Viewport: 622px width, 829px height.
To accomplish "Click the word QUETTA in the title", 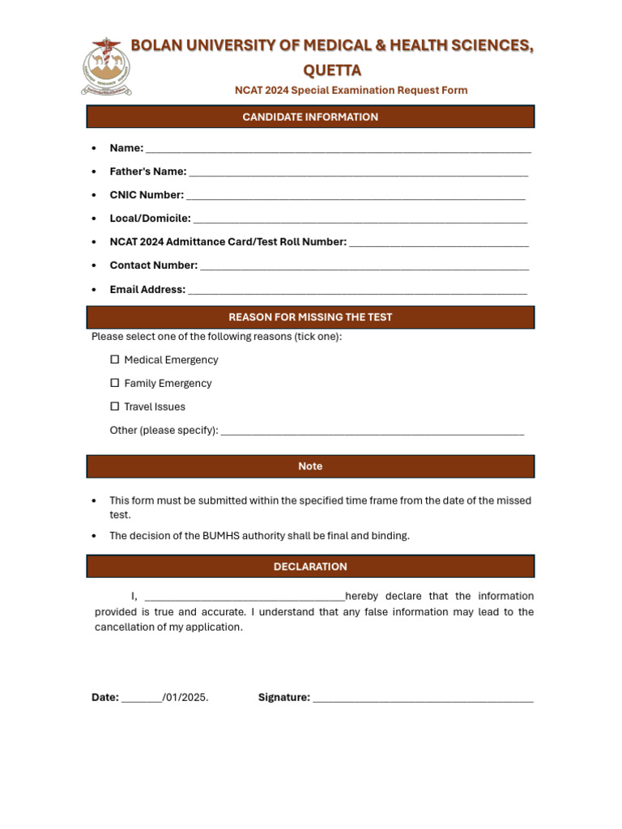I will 332,70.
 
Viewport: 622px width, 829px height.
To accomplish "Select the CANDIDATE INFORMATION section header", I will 310,117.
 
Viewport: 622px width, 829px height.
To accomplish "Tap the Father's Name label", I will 148,172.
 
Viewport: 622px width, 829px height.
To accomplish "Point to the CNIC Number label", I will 147,195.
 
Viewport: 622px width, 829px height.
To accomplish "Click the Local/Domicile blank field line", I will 360,219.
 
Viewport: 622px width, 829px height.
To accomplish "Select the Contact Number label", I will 153,266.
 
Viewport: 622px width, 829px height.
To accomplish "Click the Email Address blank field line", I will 357,291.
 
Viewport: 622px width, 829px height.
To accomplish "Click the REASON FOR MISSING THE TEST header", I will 310,317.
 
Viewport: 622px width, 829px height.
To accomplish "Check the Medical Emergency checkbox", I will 115,359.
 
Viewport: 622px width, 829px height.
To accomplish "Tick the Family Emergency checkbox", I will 115,383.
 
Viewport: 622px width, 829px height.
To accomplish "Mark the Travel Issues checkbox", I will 115,406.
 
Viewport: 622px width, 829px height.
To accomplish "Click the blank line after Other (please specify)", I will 373,432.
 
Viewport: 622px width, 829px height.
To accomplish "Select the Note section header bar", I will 310,466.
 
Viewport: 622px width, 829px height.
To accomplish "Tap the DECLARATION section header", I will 310,567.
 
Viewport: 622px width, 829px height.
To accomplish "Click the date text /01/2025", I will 185,697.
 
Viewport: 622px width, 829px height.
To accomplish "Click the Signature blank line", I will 423,699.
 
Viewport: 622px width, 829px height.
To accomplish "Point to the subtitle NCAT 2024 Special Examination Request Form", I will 351,90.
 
